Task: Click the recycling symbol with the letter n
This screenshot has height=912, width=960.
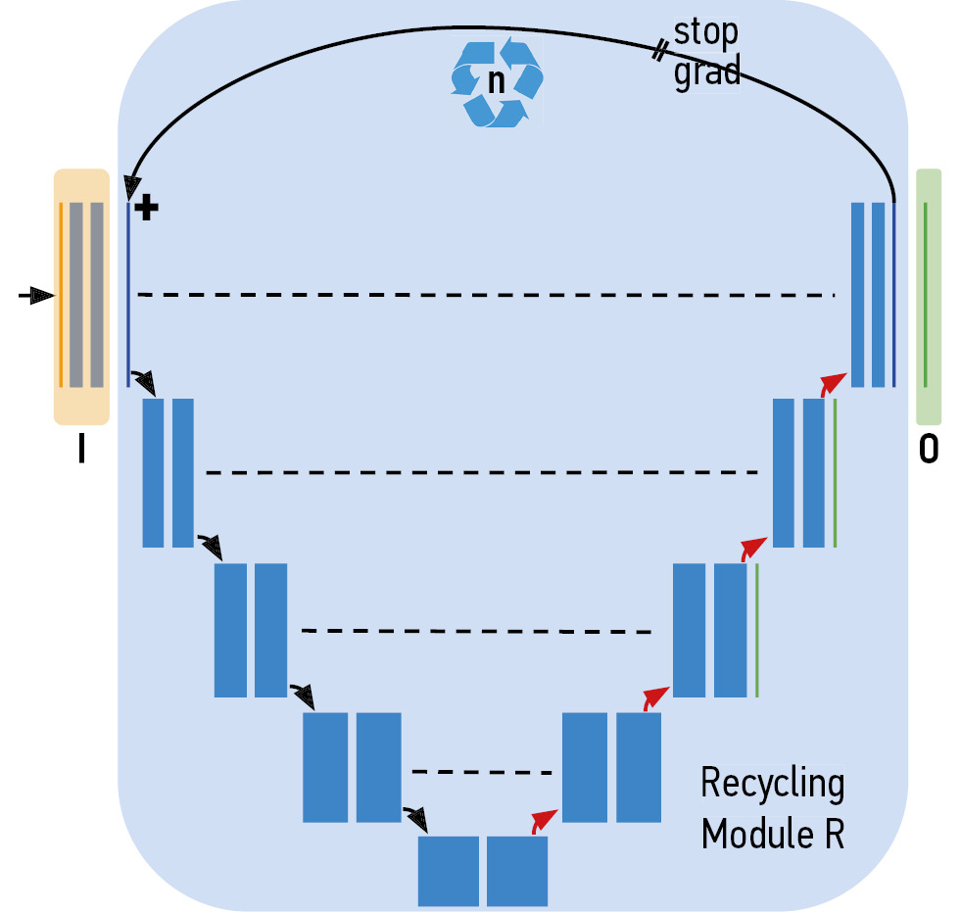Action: [496, 82]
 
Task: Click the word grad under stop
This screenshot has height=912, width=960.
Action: [706, 72]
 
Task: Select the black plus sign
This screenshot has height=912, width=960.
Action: [145, 208]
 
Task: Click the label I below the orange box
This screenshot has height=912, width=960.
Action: [80, 450]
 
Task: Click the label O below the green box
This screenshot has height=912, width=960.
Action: [928, 451]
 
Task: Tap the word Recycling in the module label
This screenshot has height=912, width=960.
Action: [772, 784]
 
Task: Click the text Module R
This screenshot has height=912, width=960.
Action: [772, 835]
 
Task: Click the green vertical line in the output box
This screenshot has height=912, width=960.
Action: [926, 294]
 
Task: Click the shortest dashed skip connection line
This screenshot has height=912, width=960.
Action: [482, 772]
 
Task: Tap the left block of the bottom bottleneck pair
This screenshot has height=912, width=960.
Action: [449, 870]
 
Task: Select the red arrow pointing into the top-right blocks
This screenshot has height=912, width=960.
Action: [833, 381]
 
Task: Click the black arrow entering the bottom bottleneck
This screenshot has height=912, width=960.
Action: [415, 815]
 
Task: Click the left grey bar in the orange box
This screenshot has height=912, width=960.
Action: [75, 294]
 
